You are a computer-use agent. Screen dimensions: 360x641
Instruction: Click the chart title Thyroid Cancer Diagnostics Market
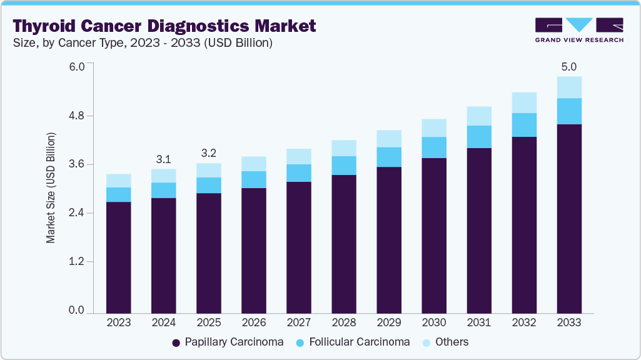coord(164,26)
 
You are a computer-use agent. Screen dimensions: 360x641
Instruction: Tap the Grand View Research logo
coord(578,30)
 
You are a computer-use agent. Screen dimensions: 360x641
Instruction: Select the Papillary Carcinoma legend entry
coord(227,342)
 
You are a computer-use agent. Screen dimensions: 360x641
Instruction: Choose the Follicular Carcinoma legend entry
coord(353,342)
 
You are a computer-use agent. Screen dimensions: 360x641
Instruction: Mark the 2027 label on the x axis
coord(298,322)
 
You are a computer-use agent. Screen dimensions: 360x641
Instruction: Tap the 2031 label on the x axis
coord(478,322)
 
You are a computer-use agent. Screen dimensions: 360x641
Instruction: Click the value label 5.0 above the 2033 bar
coord(568,66)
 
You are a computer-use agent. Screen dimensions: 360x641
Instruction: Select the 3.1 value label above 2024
coord(163,159)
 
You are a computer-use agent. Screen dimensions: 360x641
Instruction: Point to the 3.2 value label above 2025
coord(208,153)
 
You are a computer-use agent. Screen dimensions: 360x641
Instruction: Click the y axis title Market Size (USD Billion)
coord(51,187)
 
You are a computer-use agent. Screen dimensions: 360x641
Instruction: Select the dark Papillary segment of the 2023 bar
coord(118,257)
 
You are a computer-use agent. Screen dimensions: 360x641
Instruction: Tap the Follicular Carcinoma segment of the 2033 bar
coord(568,111)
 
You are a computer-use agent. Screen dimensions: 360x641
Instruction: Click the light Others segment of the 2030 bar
coord(433,128)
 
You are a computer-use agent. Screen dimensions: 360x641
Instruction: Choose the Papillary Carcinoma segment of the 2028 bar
coord(343,244)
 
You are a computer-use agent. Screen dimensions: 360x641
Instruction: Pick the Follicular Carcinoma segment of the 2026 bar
coord(253,179)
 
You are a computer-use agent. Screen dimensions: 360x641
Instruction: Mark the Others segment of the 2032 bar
coord(523,102)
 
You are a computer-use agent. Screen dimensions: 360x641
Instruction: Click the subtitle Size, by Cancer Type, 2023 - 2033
coord(141,43)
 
